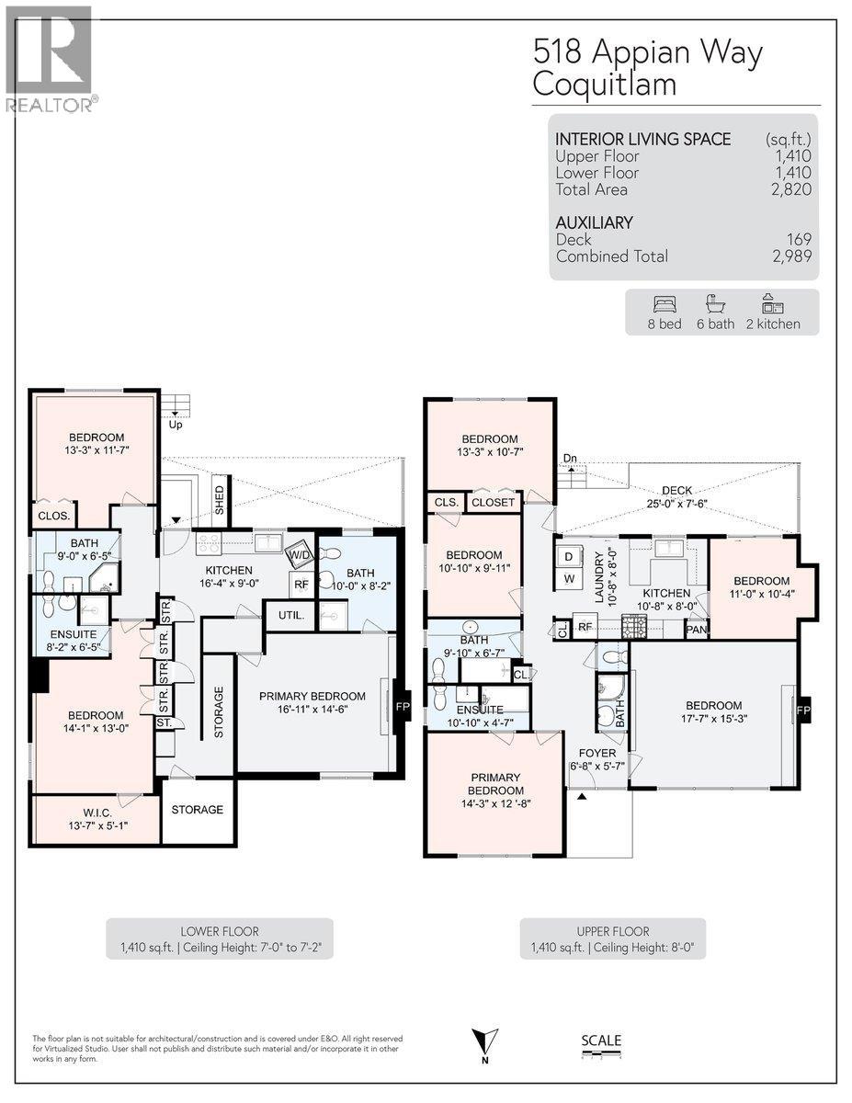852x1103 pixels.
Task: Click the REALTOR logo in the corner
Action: [x=49, y=60]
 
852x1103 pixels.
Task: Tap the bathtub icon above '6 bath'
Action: [x=715, y=304]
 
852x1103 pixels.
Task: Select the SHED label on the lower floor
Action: [x=220, y=498]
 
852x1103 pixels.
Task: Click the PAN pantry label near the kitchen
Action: [x=696, y=630]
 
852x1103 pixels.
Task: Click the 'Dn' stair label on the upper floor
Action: [x=570, y=458]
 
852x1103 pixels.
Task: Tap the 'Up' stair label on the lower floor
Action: [x=175, y=424]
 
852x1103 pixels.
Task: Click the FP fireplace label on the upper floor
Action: [x=803, y=711]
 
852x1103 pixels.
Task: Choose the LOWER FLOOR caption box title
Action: [x=219, y=931]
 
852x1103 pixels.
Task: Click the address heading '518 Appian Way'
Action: [x=647, y=54]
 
